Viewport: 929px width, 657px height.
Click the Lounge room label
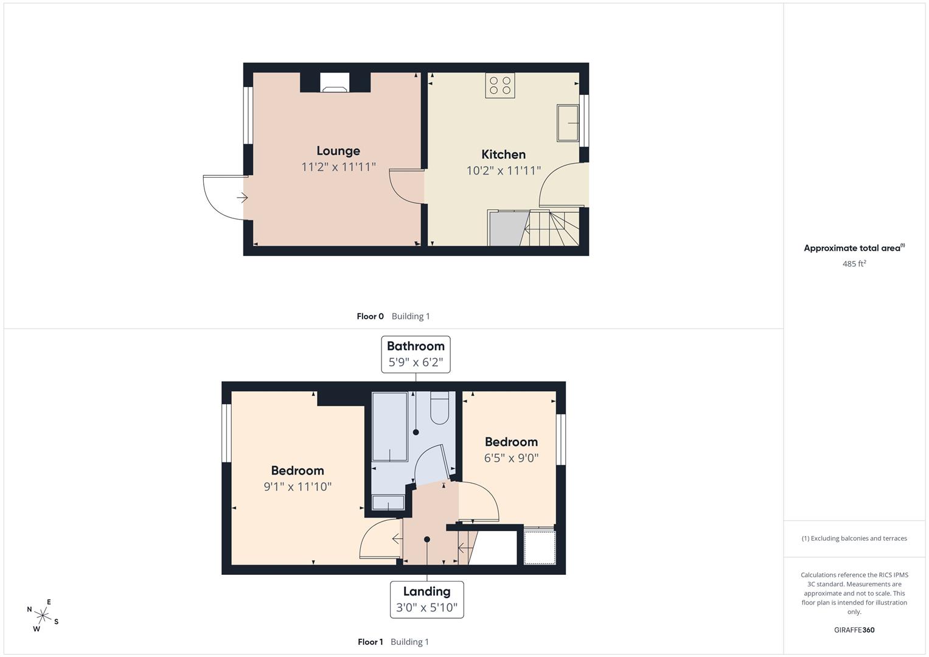tap(338, 151)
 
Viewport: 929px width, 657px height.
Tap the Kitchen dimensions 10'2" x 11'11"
tap(504, 170)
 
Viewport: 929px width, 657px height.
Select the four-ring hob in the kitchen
tap(499, 85)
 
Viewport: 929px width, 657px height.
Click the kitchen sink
tap(568, 123)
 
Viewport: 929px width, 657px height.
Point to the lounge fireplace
tap(335, 82)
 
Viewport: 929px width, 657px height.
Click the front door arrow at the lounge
tap(242, 198)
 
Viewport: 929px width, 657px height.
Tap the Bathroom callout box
tap(416, 354)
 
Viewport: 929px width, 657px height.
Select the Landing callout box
tap(426, 599)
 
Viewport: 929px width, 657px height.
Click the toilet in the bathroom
tap(440, 408)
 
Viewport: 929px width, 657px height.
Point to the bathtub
tap(389, 426)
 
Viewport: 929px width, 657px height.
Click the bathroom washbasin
tap(388, 502)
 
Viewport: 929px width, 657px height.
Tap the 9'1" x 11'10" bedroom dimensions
tap(297, 486)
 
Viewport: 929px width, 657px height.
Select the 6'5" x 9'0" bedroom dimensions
tap(512, 458)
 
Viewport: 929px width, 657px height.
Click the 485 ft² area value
tap(854, 263)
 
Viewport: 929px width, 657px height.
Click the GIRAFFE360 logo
tap(854, 630)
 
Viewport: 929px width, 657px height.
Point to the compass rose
tap(43, 616)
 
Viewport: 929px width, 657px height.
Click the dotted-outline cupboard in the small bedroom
tap(540, 547)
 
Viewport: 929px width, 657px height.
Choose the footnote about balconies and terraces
tap(854, 538)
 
